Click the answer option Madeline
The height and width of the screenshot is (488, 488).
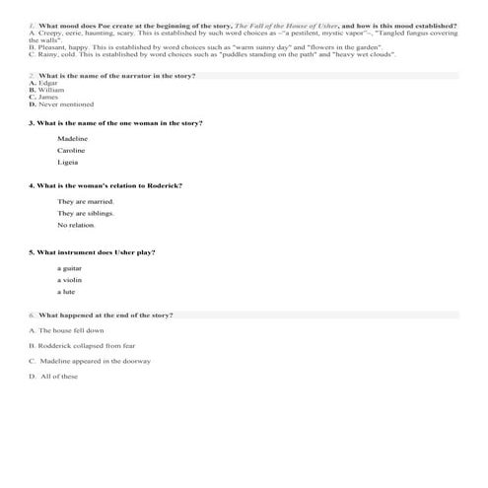coord(72,139)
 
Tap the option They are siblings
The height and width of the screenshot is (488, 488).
coord(85,213)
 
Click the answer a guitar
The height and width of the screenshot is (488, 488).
coord(70,268)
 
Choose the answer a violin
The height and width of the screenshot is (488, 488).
coord(70,280)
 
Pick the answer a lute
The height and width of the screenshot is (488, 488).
coord(67,292)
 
